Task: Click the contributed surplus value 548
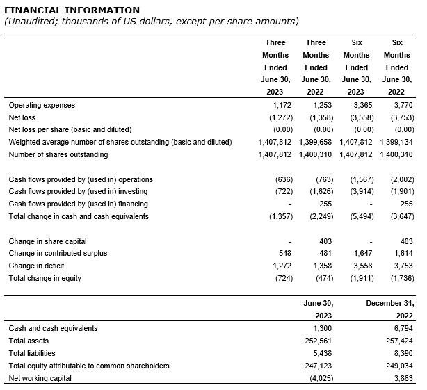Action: click(x=284, y=254)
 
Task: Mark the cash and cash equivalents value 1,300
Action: click(x=322, y=328)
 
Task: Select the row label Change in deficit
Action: click(x=38, y=266)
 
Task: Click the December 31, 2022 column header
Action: click(x=390, y=309)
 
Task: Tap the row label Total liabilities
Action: click(x=33, y=353)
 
